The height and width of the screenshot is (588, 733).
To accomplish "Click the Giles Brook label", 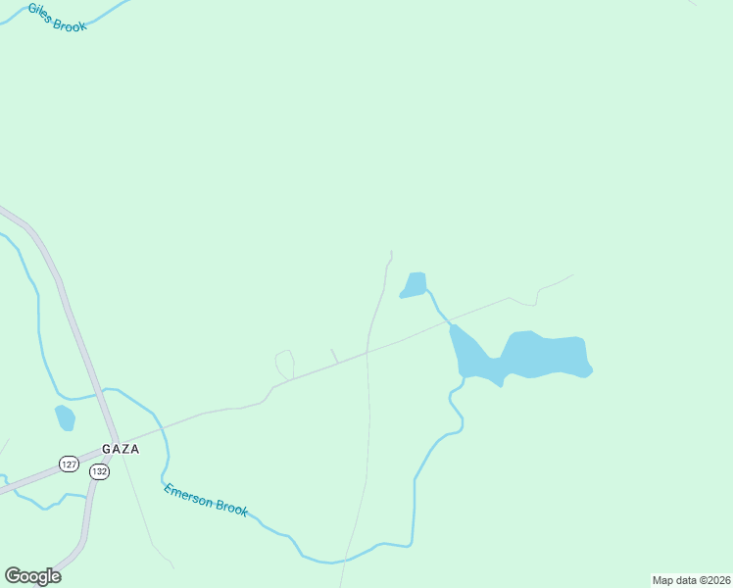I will [57, 17].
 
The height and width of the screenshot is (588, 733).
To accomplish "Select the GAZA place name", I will [121, 449].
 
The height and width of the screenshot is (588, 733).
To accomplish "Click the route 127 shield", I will [69, 464].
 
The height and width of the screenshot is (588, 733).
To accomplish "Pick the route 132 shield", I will [99, 471].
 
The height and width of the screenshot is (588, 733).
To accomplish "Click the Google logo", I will [32, 575].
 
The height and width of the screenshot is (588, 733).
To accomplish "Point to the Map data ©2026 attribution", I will [691, 580].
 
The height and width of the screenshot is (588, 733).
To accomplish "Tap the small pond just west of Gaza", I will [65, 417].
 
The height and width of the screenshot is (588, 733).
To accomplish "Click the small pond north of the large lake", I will [415, 284].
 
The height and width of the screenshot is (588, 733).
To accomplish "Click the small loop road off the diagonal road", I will [285, 364].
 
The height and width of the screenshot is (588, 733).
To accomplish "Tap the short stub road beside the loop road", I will [334, 356].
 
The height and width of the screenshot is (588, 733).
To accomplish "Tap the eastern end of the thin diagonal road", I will [573, 275].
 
